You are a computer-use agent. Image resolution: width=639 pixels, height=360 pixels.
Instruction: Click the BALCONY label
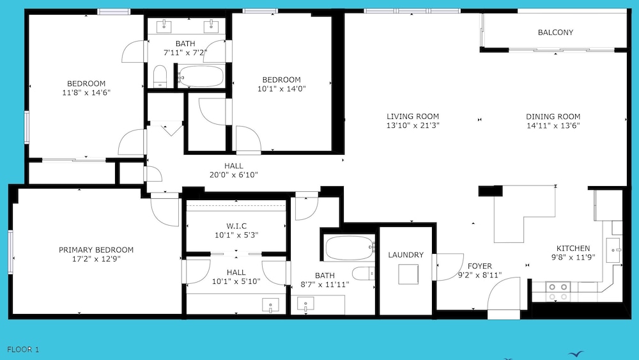pyautogui.click(x=555, y=32)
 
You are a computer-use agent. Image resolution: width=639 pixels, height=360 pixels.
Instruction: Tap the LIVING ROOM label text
pyautogui.click(x=413, y=116)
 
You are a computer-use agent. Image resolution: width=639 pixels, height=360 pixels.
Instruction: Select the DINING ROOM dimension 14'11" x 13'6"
pyautogui.click(x=553, y=125)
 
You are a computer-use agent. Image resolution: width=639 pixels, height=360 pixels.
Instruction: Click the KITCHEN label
pyautogui.click(x=573, y=248)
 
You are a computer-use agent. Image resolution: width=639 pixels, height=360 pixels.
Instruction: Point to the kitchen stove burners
pyautogui.click(x=558, y=292)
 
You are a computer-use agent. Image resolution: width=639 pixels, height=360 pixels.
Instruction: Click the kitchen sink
pyautogui.click(x=613, y=250)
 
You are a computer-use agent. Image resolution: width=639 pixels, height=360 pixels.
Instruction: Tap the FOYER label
pyautogui.click(x=480, y=266)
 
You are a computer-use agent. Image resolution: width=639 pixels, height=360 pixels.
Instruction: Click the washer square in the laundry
pyautogui.click(x=408, y=274)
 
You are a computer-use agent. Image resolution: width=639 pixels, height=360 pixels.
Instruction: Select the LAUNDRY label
pyautogui.click(x=406, y=254)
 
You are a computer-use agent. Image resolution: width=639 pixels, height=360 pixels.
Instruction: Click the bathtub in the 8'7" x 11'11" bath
pyautogui.click(x=350, y=248)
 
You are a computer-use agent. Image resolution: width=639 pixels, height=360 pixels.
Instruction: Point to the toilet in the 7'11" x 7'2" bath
pyautogui.click(x=160, y=76)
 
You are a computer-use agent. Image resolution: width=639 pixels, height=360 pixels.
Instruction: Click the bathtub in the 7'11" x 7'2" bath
pyautogui.click(x=201, y=76)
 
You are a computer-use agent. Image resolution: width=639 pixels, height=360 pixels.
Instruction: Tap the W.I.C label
pyautogui.click(x=236, y=226)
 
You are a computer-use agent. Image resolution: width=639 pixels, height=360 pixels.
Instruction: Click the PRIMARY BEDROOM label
pyautogui.click(x=96, y=249)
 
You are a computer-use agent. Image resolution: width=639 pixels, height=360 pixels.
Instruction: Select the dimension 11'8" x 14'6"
pyautogui.click(x=86, y=93)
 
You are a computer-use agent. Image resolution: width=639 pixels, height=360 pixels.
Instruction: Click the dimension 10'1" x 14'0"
pyautogui.click(x=282, y=88)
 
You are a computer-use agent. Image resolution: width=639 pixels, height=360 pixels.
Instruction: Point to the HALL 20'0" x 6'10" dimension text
pyautogui.click(x=234, y=175)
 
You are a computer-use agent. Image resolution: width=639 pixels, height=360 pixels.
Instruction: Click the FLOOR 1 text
pyautogui.click(x=23, y=349)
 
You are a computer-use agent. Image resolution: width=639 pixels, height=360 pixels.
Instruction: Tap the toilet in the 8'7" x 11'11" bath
pyautogui.click(x=364, y=273)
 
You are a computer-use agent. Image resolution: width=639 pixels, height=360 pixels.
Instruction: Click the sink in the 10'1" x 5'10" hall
pyautogui.click(x=270, y=306)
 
